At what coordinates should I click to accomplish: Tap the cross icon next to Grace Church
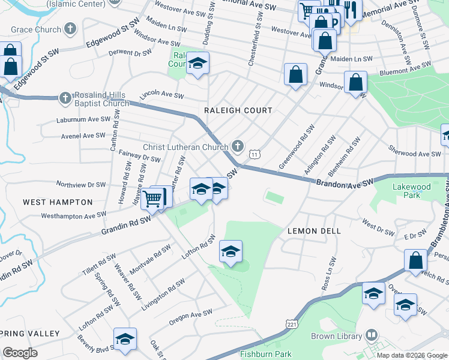pos(71,29)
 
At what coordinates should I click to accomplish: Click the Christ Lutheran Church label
pos(185,147)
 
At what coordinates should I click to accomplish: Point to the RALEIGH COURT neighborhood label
pos(238,110)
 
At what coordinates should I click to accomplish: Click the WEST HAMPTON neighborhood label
pos(58,202)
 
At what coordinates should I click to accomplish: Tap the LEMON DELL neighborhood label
pos(314,230)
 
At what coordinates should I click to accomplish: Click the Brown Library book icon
pos(372,335)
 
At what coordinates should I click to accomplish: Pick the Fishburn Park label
pos(265,354)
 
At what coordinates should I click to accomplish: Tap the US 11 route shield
pos(256,154)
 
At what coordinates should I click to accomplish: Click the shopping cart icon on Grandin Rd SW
pos(153,197)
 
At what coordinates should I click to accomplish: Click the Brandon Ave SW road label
pos(345,182)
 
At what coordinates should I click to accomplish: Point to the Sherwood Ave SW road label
pos(414,154)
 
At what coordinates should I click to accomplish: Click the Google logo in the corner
pos(20,353)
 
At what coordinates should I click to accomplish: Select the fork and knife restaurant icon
pos(351,9)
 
